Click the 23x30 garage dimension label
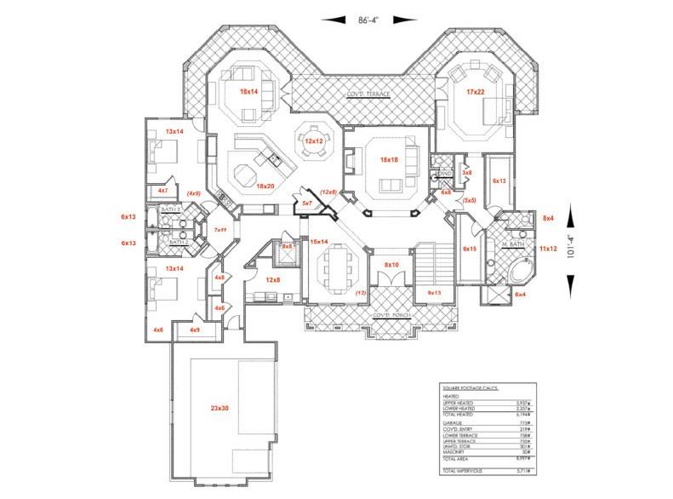pyautogui.click(x=220, y=408)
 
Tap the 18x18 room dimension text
pyautogui.click(x=390, y=160)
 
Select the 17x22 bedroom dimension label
pyautogui.click(x=475, y=92)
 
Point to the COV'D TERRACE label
pyautogui.click(x=367, y=93)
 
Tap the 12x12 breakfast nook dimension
pyautogui.click(x=314, y=141)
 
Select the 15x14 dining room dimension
pyautogui.click(x=319, y=242)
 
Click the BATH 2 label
pyautogui.click(x=177, y=243)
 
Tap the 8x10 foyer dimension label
pyautogui.click(x=391, y=266)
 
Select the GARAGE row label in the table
pyautogui.click(x=452, y=422)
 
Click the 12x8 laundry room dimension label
pyautogui.click(x=272, y=280)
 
